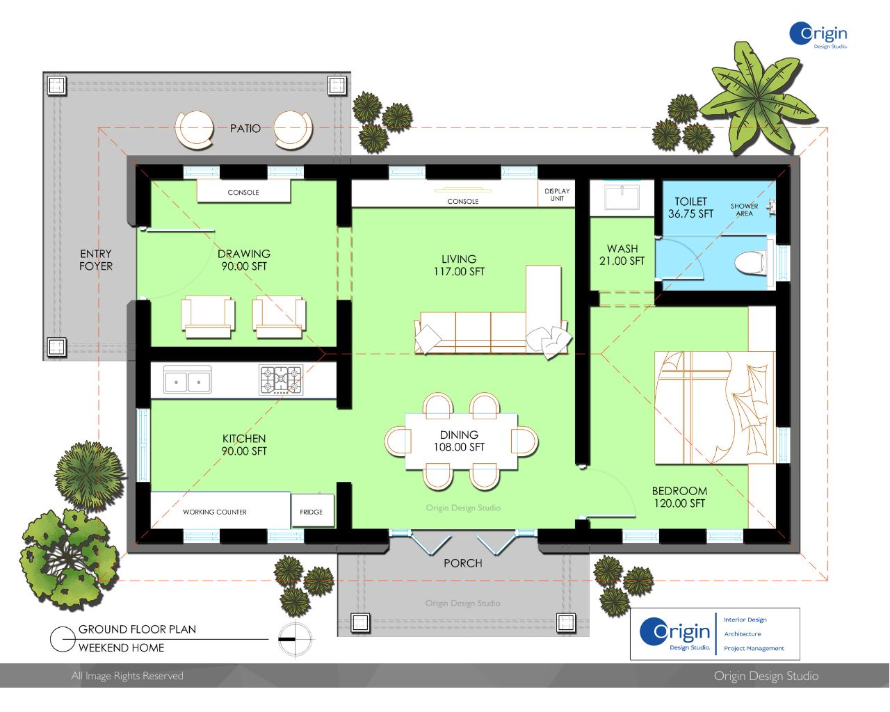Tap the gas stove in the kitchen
pyautogui.click(x=281, y=379)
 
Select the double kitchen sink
pyautogui.click(x=187, y=380)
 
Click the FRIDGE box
pyautogui.click(x=312, y=510)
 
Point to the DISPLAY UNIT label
pyautogui.click(x=557, y=195)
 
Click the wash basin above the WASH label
pyautogui.click(x=622, y=197)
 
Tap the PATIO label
pyautogui.click(x=245, y=128)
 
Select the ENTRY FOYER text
pyautogui.click(x=96, y=260)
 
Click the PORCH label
pyautogui.click(x=463, y=563)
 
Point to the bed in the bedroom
pyautogui.click(x=714, y=407)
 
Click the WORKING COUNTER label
pyautogui.click(x=215, y=512)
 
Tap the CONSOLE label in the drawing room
pyautogui.click(x=243, y=193)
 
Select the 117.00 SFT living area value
pyautogui.click(x=459, y=271)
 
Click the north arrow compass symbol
pyautogui.click(x=295, y=639)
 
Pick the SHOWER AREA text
pyautogui.click(x=744, y=210)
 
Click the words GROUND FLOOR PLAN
pyautogui.click(x=137, y=629)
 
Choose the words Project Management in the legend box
pyautogui.click(x=754, y=648)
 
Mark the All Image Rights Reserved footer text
pyautogui.click(x=127, y=676)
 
